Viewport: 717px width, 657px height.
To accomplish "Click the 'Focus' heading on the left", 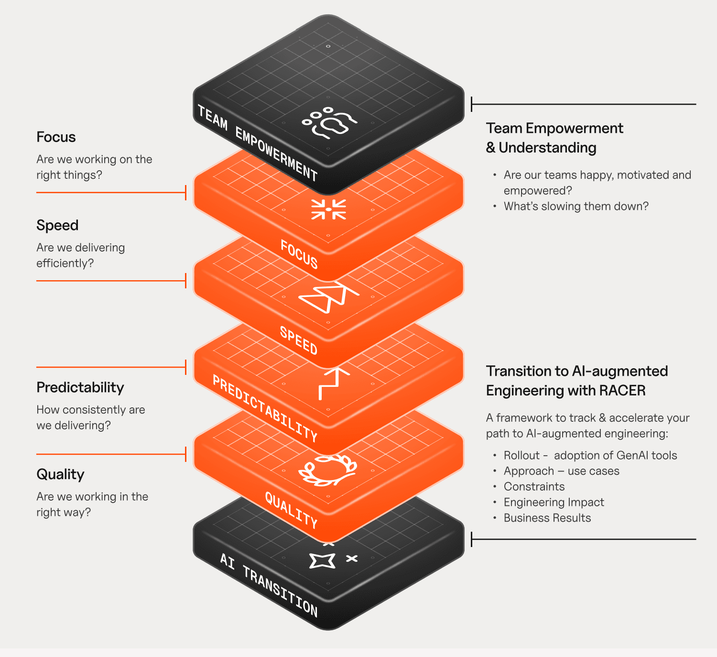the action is [x=56, y=137].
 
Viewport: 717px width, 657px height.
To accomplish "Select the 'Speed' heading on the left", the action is [x=57, y=225].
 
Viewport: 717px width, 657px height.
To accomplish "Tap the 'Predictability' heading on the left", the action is [x=80, y=388].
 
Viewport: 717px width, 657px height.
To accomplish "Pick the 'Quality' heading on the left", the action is [x=60, y=475].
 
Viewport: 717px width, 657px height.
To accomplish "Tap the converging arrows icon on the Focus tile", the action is [x=328, y=209].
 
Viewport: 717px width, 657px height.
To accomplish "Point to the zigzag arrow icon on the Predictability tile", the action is [x=334, y=383].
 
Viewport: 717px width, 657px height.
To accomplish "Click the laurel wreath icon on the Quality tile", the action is [x=328, y=471].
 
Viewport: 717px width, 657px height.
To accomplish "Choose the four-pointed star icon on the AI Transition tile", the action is [x=322, y=561].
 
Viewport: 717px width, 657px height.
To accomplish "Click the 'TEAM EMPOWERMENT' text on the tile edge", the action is [x=257, y=143].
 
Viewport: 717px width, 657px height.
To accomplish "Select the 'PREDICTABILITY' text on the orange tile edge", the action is [x=265, y=409].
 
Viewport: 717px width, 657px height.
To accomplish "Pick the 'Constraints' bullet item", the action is [x=534, y=487].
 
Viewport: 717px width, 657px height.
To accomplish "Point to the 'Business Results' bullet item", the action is [x=547, y=518].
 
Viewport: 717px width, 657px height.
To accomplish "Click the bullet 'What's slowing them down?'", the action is [x=576, y=207].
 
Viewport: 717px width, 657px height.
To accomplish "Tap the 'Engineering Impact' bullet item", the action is [x=554, y=503].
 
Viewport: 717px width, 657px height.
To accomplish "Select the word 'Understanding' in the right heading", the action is [x=547, y=148].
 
